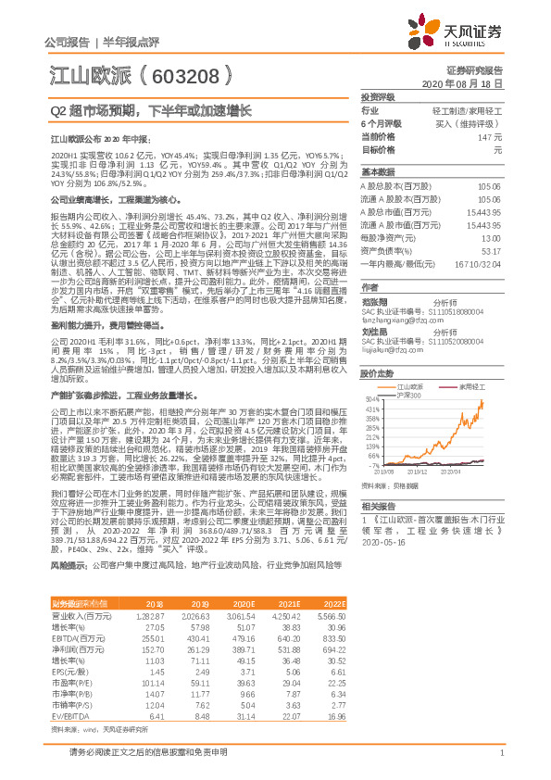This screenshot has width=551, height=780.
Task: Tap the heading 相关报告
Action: tap(379, 506)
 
